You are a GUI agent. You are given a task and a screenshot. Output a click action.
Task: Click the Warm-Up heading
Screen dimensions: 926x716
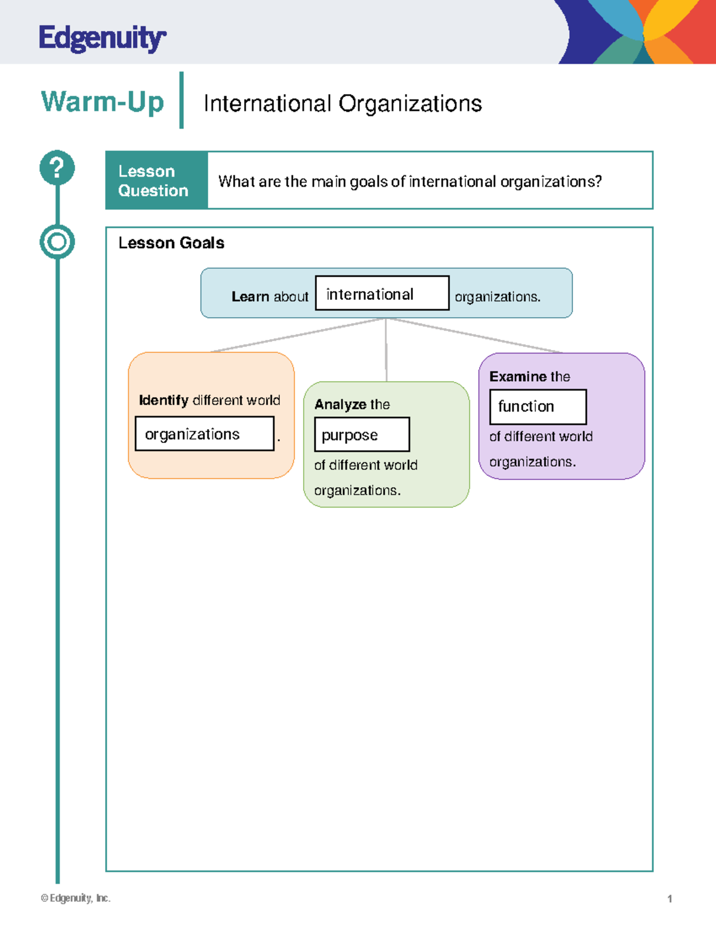pos(102,101)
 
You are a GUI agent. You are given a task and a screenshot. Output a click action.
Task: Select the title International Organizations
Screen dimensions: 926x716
pos(342,104)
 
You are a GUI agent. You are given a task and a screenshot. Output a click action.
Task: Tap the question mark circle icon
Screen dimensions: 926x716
pos(57,168)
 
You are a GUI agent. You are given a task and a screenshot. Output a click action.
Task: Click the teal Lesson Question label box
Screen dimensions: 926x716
pos(156,181)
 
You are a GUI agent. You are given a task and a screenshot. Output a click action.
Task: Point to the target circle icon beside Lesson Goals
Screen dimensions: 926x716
pos(57,242)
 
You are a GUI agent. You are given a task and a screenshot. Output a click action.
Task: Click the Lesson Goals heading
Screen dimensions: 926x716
pos(171,243)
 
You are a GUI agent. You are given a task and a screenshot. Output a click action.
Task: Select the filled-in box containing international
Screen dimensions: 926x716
pos(382,293)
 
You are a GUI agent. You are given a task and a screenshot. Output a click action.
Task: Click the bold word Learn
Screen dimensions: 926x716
pos(250,296)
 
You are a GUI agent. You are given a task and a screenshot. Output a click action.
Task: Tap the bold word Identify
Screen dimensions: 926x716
pos(163,400)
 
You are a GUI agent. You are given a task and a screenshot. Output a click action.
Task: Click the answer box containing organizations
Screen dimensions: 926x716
pos(204,434)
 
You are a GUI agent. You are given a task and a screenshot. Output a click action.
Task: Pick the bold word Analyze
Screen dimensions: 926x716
pos(340,404)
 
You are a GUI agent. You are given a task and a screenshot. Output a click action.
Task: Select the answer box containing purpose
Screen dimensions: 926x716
pos(362,435)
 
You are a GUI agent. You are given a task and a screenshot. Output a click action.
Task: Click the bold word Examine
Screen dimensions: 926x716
pos(517,377)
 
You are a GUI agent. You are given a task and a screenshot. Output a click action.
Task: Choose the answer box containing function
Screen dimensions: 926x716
pos(538,407)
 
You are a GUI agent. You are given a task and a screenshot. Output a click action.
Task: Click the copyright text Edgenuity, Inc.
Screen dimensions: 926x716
pos(76,898)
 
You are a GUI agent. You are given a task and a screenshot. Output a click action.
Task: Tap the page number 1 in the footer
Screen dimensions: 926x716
pos(669,899)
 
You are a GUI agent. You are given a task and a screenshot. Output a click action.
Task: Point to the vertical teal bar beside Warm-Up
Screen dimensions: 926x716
pos(181,100)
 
